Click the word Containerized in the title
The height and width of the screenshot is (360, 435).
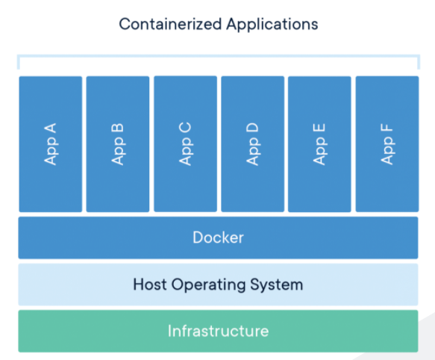(170, 24)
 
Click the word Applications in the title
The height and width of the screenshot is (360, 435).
(272, 25)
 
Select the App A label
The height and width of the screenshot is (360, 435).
(51, 144)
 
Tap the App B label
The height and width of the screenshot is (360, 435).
(118, 144)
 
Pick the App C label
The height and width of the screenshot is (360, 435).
(185, 144)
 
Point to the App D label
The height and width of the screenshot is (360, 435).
(252, 144)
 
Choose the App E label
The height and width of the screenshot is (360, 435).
(319, 144)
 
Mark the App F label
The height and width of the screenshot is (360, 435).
(387, 144)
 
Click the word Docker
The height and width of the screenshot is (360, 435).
(219, 238)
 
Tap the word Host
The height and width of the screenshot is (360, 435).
(150, 285)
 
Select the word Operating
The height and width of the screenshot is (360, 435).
(208, 285)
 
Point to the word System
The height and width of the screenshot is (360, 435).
(277, 285)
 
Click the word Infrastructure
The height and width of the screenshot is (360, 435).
(219, 331)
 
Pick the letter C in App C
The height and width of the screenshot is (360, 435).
(185, 128)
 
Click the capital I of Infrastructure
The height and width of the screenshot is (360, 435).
(169, 331)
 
